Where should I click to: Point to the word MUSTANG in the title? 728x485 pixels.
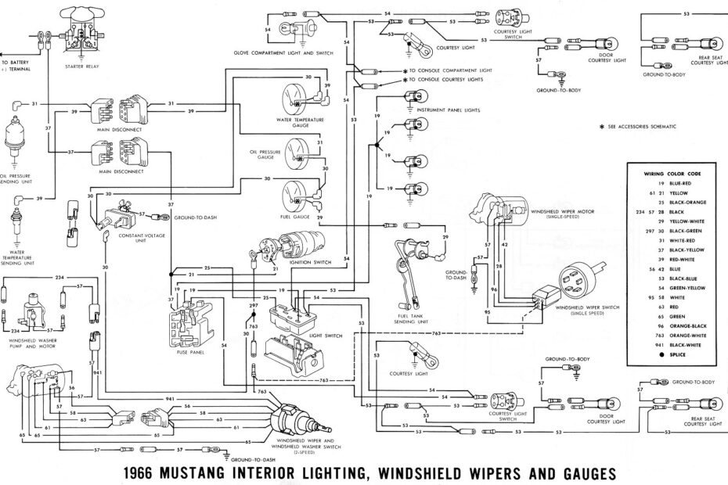tap(222, 472)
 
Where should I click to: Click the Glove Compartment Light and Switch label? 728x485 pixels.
tap(283, 52)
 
